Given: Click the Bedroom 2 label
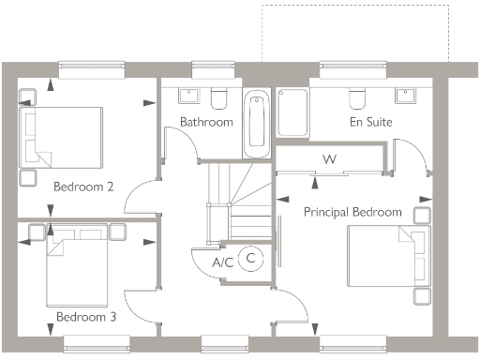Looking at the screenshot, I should [83, 187].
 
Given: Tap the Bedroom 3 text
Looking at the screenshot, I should [85, 317].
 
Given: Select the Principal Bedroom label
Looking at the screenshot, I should [352, 212].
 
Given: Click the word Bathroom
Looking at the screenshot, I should [206, 122].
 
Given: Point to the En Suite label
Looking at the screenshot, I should [370, 122].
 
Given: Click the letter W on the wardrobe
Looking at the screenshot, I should [329, 159].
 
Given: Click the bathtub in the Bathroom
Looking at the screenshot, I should [255, 124].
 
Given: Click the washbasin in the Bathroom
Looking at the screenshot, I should [187, 96].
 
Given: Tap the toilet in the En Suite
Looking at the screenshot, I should [357, 97].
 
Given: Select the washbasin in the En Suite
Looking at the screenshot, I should [406, 96].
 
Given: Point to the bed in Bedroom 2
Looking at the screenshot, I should [62, 137].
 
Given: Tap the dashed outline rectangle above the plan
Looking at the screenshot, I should [356, 33].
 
